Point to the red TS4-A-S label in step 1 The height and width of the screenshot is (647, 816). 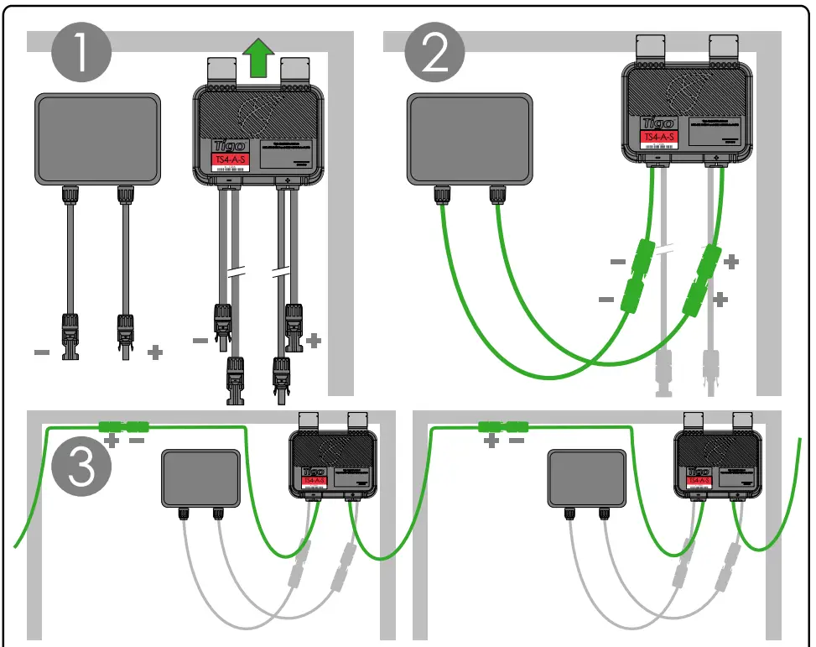point(228,159)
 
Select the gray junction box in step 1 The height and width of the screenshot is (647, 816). point(97,138)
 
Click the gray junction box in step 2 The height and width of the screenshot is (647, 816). point(470,138)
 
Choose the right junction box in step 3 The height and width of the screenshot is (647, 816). point(587,477)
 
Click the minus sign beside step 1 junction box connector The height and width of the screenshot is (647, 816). point(42,352)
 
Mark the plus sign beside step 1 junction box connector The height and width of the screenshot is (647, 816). point(154,352)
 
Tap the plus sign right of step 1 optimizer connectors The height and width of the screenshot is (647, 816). point(314,340)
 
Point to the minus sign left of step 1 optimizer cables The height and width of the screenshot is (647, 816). point(200,340)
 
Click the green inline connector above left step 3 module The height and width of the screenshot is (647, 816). point(122,427)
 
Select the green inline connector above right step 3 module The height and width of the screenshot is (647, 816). point(502,427)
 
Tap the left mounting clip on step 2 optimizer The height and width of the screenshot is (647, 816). point(650,47)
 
